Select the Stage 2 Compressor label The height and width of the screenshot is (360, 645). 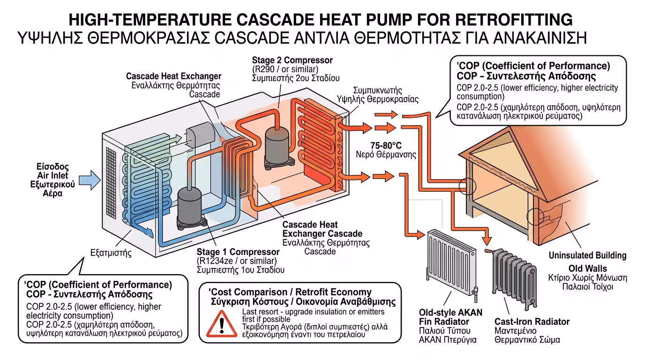pyautogui.click(x=292, y=60)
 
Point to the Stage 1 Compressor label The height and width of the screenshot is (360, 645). pyautogui.click(x=232, y=252)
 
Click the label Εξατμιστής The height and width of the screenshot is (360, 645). pyautogui.click(x=111, y=253)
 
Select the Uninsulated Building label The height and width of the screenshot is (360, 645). pyautogui.click(x=587, y=255)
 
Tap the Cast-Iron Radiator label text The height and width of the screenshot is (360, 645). pyautogui.click(x=532, y=322)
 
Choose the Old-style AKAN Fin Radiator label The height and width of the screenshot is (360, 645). pyautogui.click(x=450, y=317)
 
